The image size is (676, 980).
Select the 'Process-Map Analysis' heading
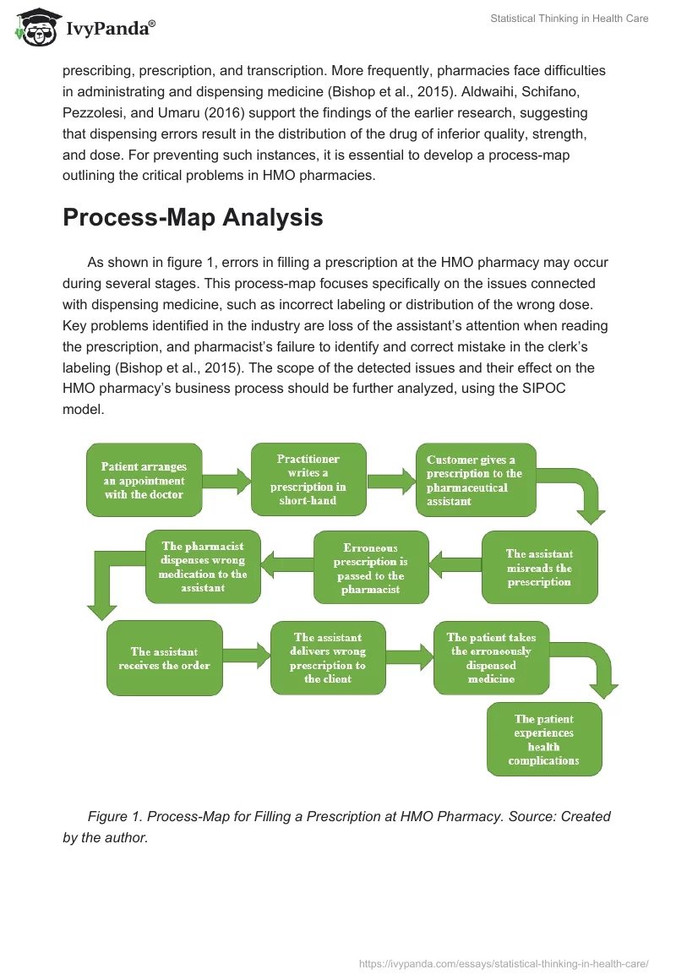tap(193, 217)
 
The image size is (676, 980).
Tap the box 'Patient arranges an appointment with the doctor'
tap(144, 480)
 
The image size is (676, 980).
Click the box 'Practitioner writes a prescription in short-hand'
tap(308, 480)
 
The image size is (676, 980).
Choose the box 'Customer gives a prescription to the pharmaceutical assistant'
tap(476, 480)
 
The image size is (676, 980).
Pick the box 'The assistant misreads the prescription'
tap(539, 568)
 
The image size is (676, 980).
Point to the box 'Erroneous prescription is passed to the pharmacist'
tap(371, 568)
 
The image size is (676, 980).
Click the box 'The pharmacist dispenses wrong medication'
tap(203, 567)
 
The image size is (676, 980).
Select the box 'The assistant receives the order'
tap(164, 658)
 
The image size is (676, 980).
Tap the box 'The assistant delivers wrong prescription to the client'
tap(328, 658)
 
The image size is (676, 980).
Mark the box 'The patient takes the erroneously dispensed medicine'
tap(491, 658)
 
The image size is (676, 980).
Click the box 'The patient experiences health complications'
tap(544, 740)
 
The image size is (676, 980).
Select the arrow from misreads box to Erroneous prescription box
tap(455, 561)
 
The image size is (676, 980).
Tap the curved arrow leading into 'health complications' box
tap(597, 667)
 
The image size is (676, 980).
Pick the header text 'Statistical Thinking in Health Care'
tap(569, 19)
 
